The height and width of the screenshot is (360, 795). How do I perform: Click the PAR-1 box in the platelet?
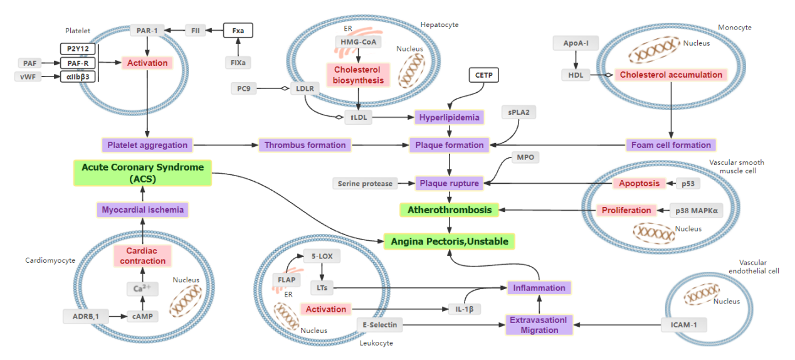147,30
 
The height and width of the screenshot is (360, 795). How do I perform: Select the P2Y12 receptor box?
77,48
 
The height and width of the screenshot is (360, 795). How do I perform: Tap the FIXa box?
238,62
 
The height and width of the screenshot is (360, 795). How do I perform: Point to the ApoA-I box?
576,43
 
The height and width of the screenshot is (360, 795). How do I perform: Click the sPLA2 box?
519,112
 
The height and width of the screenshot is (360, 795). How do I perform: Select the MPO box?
525,157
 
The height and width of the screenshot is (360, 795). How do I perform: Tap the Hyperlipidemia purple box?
449,117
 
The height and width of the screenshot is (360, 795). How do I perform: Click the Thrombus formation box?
305,145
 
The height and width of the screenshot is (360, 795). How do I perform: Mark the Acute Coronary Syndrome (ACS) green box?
142,173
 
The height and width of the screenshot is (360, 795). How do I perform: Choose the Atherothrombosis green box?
449,209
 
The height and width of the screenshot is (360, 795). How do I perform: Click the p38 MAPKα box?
696,210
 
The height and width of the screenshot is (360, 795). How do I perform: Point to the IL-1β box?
463,309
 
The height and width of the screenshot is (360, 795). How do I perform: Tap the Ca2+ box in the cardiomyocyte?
142,289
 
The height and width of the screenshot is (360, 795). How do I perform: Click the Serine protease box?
365,184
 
